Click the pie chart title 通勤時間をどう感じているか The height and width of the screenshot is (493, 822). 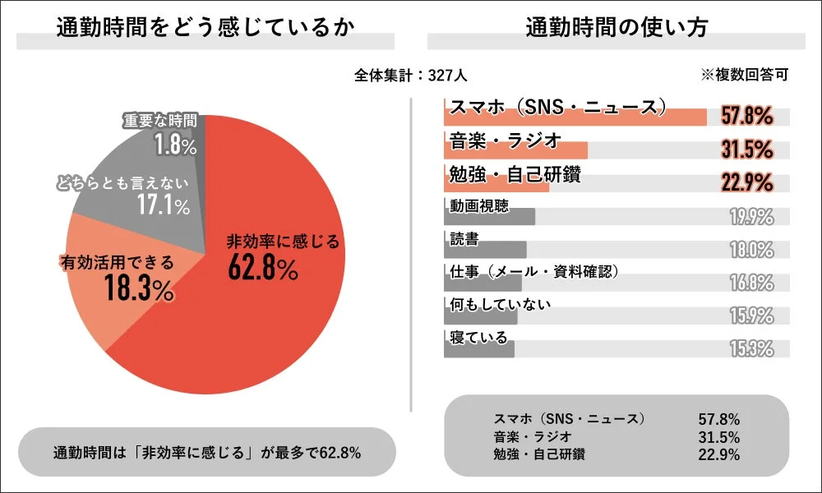click(x=205, y=28)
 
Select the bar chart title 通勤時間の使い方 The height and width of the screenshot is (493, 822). click(x=616, y=28)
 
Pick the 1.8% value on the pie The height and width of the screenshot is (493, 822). click(x=175, y=145)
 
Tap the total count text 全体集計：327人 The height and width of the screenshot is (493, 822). click(x=411, y=75)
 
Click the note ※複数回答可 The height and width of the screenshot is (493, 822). click(x=744, y=75)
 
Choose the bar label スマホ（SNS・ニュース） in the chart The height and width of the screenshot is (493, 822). click(x=556, y=106)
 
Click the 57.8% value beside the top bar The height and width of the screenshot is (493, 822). click(x=747, y=117)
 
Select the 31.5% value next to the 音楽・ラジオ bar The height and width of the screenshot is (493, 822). click(x=747, y=150)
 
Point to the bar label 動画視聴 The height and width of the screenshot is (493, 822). click(x=479, y=205)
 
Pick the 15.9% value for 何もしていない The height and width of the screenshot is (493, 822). click(x=751, y=316)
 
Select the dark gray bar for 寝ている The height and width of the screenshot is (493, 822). click(x=479, y=349)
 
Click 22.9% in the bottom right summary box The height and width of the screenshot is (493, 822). click(x=718, y=454)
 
